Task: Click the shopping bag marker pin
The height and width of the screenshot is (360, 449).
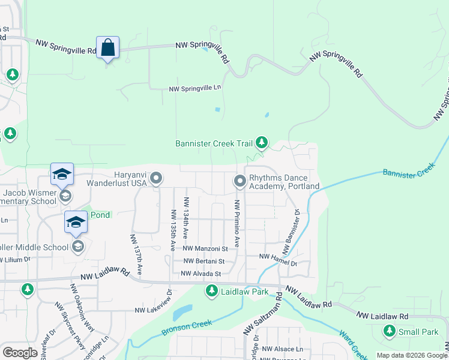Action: [x=107, y=47]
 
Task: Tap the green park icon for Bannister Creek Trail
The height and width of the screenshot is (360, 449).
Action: [x=261, y=143]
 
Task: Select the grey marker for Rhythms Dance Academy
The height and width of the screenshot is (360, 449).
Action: [x=240, y=180]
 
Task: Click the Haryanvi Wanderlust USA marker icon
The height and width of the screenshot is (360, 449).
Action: [x=156, y=178]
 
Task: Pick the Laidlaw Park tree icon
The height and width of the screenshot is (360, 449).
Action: [x=211, y=291]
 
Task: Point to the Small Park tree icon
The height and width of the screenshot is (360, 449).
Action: [x=390, y=331]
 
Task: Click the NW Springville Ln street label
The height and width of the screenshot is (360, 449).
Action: [x=195, y=88]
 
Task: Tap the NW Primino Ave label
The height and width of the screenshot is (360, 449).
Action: [x=238, y=224]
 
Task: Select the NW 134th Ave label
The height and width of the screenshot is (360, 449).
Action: [x=187, y=217]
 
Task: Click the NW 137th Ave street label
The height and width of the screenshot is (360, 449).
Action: [x=135, y=255]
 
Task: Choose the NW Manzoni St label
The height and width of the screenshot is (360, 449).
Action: [x=205, y=248]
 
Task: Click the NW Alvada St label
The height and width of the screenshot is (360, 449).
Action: [x=201, y=274]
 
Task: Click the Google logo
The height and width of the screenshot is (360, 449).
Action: [x=20, y=352]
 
